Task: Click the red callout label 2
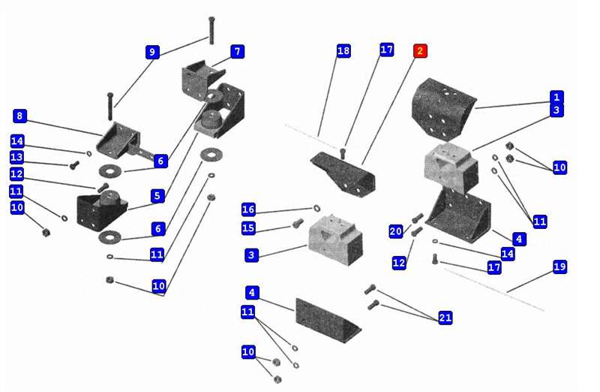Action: (420, 51)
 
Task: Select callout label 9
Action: (152, 52)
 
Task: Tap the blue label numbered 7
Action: (237, 52)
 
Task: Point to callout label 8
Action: (20, 116)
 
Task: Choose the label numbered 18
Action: (343, 51)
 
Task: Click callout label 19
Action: (559, 267)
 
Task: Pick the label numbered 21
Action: (445, 318)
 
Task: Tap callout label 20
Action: (396, 231)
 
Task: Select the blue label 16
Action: (249, 209)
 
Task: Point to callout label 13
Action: (17, 156)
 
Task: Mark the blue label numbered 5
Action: (156, 196)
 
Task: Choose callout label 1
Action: (556, 97)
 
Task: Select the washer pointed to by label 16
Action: (316, 208)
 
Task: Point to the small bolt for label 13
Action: (74, 164)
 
